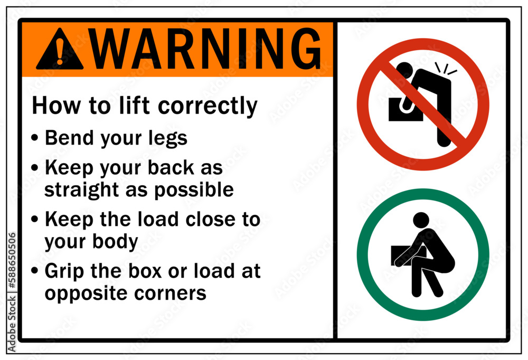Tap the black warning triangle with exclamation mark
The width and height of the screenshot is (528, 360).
(60, 50)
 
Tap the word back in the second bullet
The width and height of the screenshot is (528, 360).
(177, 167)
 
